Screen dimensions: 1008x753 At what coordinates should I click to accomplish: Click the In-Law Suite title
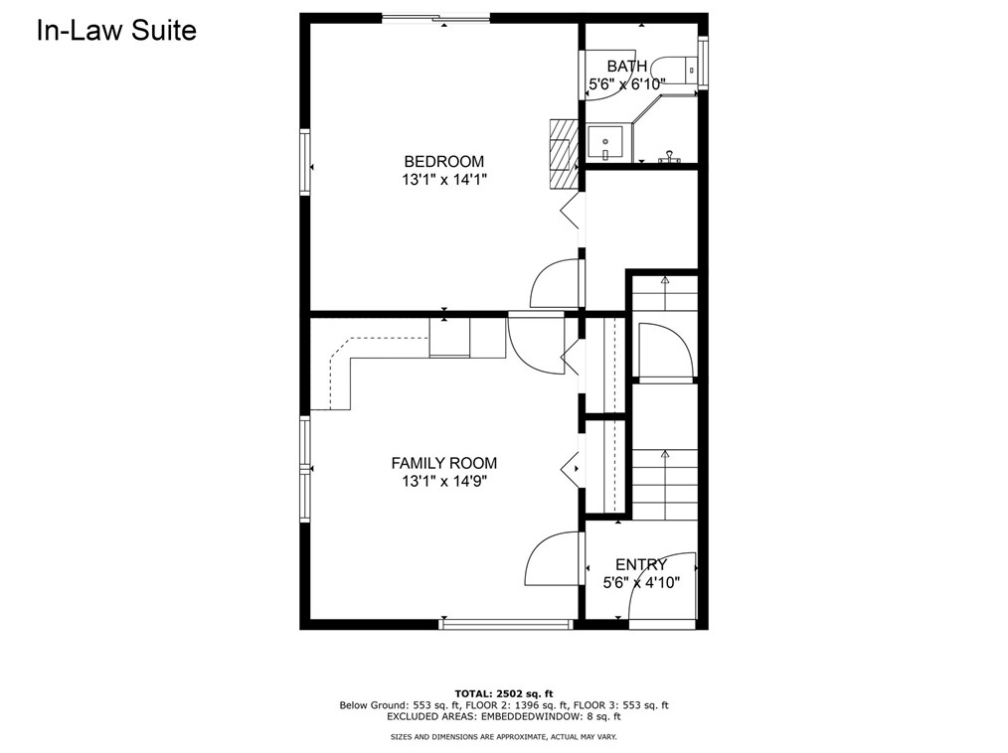(116, 31)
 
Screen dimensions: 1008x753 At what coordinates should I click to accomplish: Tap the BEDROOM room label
(443, 161)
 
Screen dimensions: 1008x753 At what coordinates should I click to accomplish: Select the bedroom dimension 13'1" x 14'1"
(444, 179)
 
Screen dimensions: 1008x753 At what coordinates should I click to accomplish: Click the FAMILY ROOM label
(443, 463)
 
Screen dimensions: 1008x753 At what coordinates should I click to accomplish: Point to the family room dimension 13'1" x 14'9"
(444, 481)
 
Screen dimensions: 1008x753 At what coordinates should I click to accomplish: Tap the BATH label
(627, 67)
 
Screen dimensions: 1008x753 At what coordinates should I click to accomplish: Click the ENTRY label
(641, 564)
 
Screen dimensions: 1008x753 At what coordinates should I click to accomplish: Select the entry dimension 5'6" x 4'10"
(641, 583)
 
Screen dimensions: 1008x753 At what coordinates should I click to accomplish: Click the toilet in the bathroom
(674, 67)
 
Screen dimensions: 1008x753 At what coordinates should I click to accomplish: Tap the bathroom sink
(605, 143)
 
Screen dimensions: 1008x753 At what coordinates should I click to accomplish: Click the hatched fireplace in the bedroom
(560, 154)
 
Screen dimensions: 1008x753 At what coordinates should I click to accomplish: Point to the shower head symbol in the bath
(669, 157)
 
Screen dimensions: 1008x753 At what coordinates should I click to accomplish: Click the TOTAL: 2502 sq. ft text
(504, 693)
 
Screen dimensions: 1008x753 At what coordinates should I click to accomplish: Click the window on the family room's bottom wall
(506, 623)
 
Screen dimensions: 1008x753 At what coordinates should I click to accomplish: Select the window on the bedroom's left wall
(305, 162)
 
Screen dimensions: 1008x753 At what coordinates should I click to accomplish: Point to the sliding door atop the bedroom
(436, 17)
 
